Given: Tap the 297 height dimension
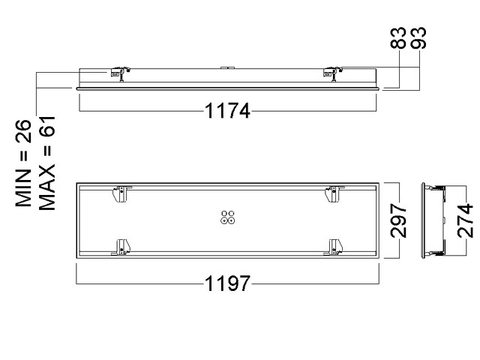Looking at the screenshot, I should (400, 219).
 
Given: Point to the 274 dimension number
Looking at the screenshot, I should (466, 220).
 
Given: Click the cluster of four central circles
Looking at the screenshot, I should (227, 217).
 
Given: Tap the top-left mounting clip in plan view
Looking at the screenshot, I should (118, 193).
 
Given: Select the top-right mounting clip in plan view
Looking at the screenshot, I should (331, 193).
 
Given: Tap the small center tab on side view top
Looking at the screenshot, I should (226, 67).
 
